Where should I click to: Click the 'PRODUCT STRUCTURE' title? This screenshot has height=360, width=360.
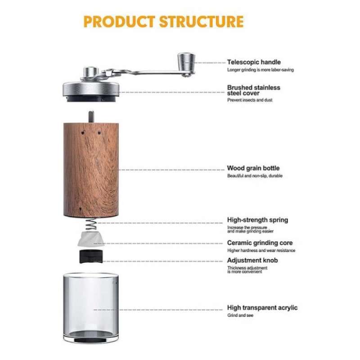click(x=163, y=22)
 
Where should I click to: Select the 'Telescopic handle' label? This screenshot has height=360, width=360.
click(x=254, y=62)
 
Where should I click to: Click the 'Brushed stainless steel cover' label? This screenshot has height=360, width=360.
click(x=253, y=90)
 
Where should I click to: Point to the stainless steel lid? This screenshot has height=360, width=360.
click(x=92, y=87)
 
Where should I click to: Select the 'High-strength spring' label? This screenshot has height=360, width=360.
click(x=257, y=220)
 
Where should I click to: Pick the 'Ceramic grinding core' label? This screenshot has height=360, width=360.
click(x=260, y=243)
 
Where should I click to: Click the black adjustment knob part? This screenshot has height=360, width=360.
click(x=90, y=257)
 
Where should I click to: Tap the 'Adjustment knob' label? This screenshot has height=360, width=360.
click(x=252, y=260)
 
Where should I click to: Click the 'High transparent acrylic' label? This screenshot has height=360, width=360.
click(x=262, y=308)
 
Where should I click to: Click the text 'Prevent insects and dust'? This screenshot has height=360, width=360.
click(x=249, y=100)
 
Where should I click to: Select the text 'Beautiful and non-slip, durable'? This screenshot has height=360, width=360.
click(x=255, y=176)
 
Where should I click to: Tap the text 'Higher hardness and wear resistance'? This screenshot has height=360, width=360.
click(x=261, y=250)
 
